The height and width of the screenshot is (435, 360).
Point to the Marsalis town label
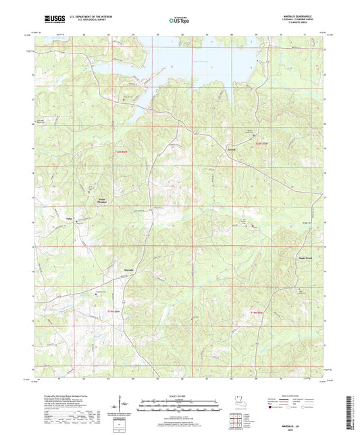[130, 270]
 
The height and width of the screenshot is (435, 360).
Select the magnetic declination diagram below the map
[123, 407]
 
